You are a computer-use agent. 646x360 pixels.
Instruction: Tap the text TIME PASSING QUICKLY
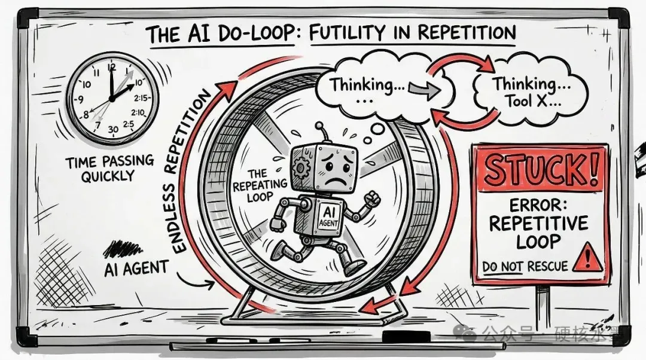[x=109, y=167]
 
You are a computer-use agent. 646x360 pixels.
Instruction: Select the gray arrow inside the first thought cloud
[x=422, y=90]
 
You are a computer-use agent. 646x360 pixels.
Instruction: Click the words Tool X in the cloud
[x=532, y=102]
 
